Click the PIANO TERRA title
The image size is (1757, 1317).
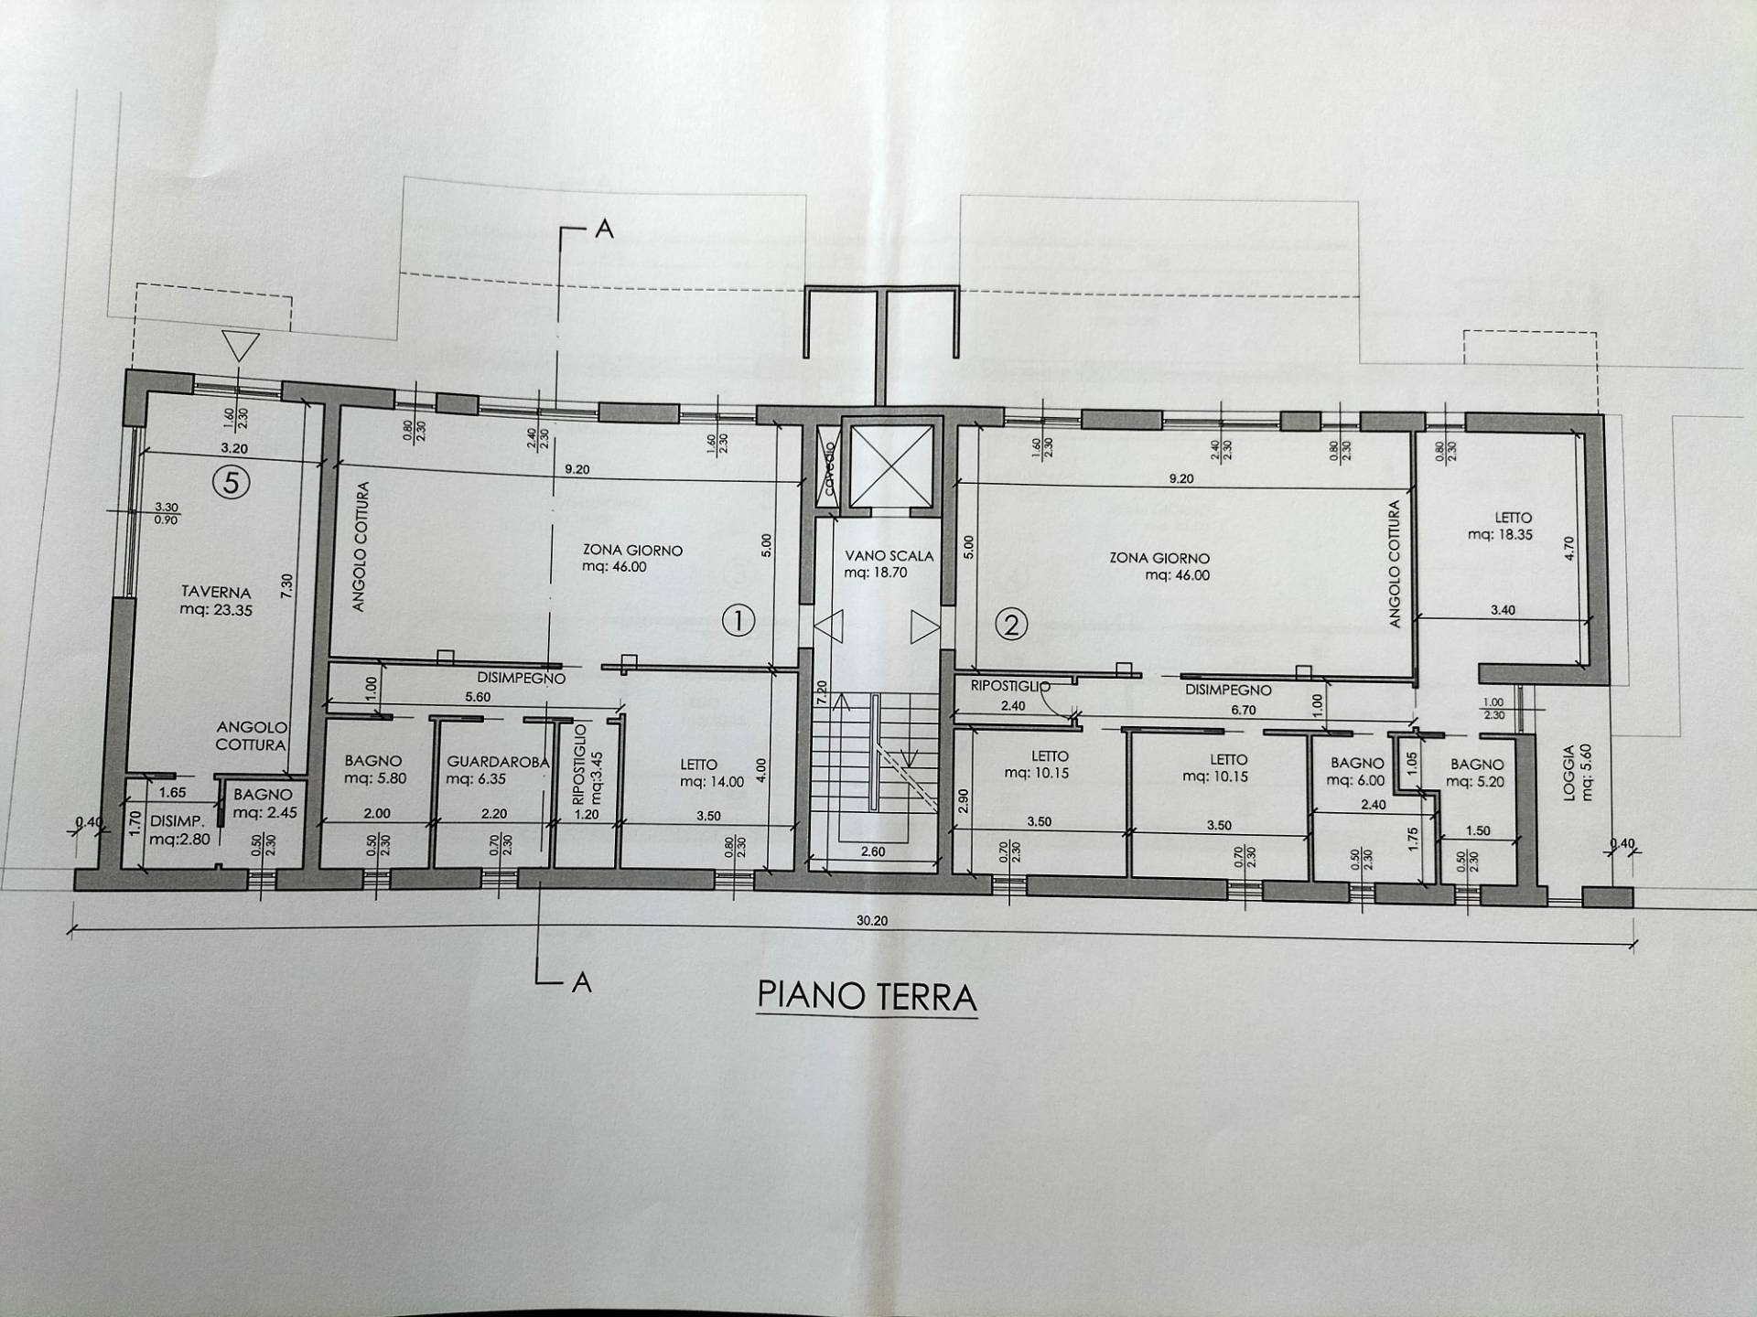click(x=867, y=996)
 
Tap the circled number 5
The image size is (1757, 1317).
click(x=231, y=481)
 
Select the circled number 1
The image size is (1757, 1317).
click(x=738, y=621)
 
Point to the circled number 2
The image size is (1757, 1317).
click(x=1011, y=626)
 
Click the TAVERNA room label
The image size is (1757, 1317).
click(x=216, y=601)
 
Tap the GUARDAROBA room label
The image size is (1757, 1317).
click(x=497, y=769)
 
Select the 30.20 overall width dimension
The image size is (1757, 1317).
click(x=871, y=921)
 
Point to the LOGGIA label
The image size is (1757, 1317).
click(x=1577, y=772)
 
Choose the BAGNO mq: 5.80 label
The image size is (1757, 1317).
click(x=373, y=769)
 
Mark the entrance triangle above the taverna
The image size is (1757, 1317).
click(x=242, y=347)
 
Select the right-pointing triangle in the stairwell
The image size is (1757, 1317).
click(x=924, y=627)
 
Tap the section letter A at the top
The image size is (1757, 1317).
click(x=604, y=230)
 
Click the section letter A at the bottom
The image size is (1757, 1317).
click(x=580, y=983)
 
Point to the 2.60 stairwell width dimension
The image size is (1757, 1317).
click(x=872, y=851)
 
